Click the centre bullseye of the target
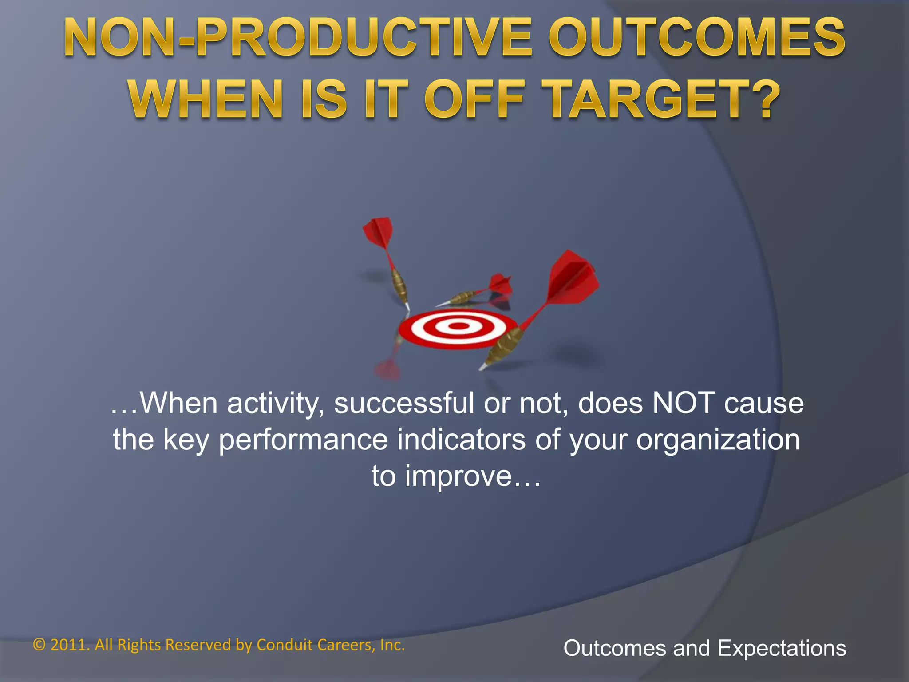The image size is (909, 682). point(458,326)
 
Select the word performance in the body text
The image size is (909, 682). point(304,440)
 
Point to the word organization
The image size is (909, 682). point(718,440)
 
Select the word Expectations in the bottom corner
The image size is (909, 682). point(782,648)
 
